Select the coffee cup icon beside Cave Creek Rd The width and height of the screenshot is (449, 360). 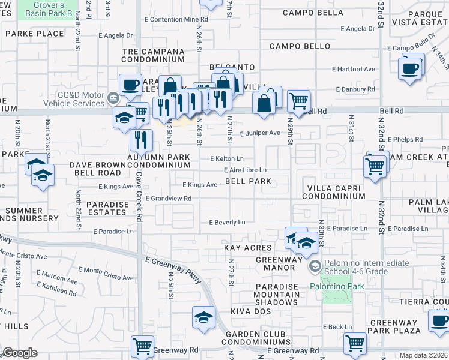[130, 85]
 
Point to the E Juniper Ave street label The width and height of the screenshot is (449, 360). [261, 133]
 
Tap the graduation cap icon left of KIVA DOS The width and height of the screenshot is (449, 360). [203, 316]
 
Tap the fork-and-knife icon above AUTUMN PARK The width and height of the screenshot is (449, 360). [141, 140]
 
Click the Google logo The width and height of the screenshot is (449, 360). [20, 353]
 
